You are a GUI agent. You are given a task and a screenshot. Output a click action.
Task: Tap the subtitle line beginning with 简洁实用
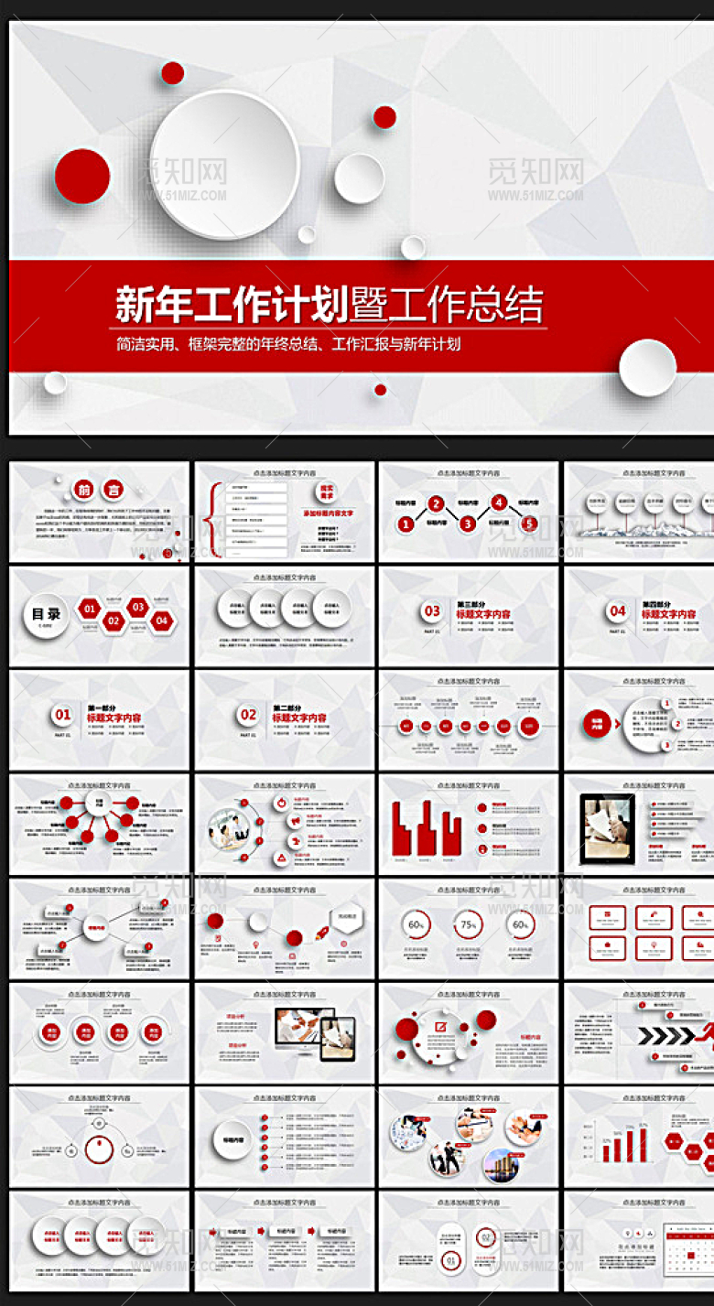click(287, 345)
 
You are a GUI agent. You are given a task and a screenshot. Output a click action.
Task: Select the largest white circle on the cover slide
click(224, 165)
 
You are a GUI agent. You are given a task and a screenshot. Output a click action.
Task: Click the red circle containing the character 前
click(85, 491)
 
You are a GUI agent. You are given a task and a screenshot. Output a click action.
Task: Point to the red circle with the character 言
click(112, 491)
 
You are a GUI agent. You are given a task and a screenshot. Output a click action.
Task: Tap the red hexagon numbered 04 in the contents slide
click(161, 621)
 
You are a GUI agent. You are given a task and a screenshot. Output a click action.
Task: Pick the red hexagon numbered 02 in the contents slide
click(114, 621)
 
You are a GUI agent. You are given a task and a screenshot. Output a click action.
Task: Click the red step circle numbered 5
click(528, 523)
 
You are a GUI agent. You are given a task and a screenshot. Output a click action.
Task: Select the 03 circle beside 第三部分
click(432, 610)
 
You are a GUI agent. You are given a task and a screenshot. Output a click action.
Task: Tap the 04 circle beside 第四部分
click(618, 610)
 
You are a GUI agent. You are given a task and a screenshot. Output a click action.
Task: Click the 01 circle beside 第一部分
click(62, 715)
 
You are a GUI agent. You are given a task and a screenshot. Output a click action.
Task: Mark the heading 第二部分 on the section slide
click(287, 707)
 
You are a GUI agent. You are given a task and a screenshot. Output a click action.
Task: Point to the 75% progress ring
click(469, 925)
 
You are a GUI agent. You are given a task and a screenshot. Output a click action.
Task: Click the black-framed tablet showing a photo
click(608, 821)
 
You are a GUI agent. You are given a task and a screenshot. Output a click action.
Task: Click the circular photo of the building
click(500, 1164)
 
